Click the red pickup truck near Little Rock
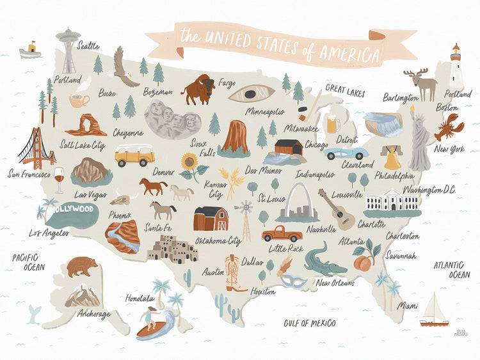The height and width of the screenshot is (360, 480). [x=282, y=233]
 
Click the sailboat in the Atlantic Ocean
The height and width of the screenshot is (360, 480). [x=435, y=311]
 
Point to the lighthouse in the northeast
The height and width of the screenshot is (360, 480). [x=456, y=68]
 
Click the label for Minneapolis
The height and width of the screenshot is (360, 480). [x=264, y=111]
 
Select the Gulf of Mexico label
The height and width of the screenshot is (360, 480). [x=310, y=323]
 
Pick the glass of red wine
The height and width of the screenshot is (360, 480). [x=59, y=180]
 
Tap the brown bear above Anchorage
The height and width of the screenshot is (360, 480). [x=82, y=266]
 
